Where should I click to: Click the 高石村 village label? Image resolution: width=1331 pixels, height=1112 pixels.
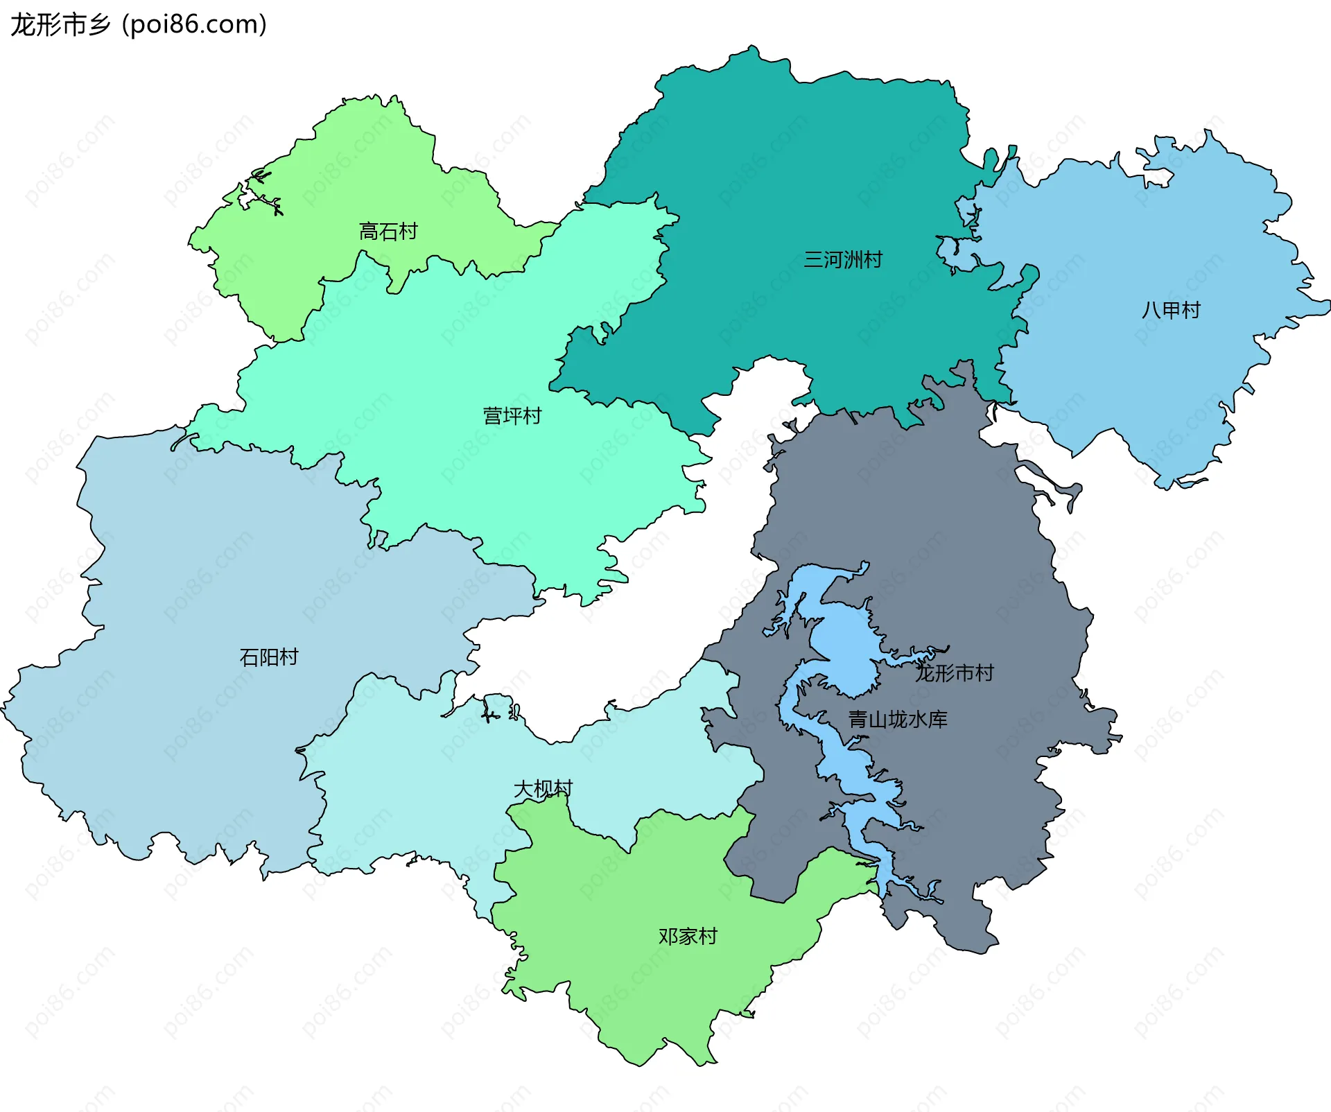point(388,232)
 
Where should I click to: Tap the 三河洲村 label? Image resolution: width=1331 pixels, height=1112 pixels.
point(842,260)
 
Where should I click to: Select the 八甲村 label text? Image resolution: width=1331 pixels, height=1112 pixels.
point(1170,310)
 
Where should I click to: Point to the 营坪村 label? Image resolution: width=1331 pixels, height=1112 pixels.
point(512,416)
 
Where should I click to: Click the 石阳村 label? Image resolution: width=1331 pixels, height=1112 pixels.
point(268,657)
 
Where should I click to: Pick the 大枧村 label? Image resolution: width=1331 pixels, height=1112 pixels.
point(543,789)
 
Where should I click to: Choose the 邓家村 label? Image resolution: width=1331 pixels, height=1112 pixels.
point(687,937)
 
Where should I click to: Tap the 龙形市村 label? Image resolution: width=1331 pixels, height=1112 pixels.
point(954,672)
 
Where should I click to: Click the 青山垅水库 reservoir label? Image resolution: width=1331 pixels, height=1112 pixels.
point(897,720)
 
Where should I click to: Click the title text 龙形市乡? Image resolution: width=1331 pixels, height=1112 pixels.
point(61,25)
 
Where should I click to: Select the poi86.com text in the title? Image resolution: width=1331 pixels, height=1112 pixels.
point(194,25)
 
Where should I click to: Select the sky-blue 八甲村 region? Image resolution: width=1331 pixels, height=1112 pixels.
point(1144,243)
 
